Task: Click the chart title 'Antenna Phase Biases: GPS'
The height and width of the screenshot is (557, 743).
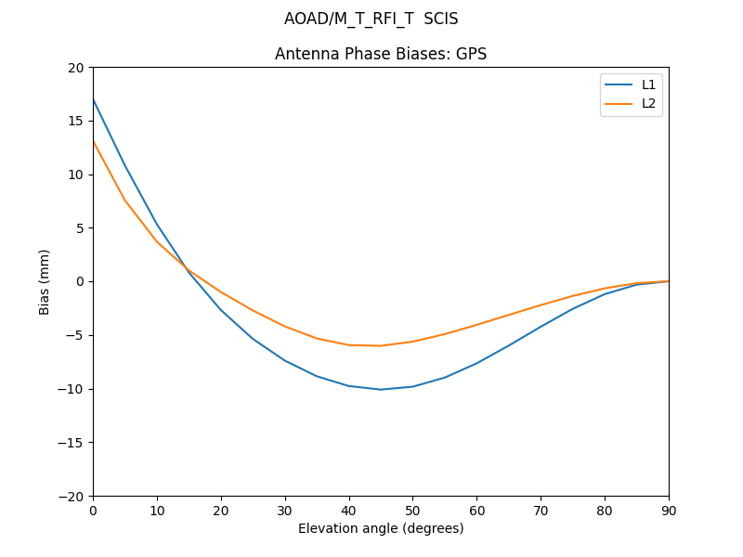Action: click(x=380, y=54)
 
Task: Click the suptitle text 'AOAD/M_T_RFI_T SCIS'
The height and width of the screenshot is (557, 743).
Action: click(x=371, y=19)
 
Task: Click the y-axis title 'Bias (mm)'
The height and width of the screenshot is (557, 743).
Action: click(x=45, y=281)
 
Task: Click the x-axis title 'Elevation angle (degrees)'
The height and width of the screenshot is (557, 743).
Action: click(x=380, y=528)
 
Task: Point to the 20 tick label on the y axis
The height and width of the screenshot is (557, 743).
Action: click(x=76, y=68)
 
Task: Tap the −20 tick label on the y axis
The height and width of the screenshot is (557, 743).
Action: click(x=72, y=496)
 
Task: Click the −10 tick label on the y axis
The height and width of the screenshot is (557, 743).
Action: click(x=72, y=389)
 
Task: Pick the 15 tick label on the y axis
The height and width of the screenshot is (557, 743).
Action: click(x=76, y=121)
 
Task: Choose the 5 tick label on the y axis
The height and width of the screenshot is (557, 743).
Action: click(x=80, y=228)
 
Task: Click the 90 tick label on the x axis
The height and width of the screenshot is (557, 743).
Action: click(x=668, y=510)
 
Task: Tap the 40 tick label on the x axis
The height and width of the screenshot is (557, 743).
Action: click(x=348, y=510)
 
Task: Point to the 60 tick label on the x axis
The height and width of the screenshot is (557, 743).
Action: click(x=476, y=510)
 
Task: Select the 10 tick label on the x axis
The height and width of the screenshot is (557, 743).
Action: click(x=157, y=510)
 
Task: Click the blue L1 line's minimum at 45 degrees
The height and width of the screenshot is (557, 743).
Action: click(x=381, y=389)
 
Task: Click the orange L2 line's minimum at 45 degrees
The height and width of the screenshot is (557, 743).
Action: click(x=381, y=345)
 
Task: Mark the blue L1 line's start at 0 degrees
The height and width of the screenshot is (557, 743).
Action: click(x=94, y=99)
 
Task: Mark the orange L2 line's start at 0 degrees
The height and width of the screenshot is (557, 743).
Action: click(x=94, y=142)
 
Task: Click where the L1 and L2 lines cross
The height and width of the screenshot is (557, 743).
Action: click(x=187, y=267)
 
